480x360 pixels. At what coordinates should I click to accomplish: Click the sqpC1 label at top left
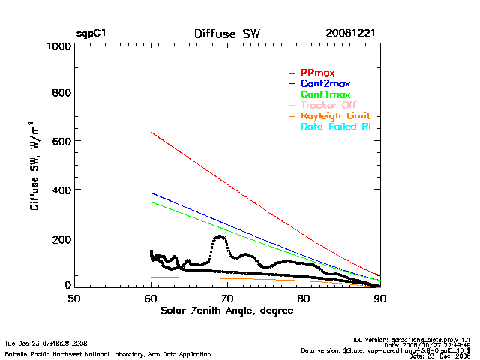coord(91,34)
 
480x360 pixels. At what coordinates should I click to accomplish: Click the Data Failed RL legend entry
coord(340,127)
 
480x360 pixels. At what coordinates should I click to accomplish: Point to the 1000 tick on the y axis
coord(58,46)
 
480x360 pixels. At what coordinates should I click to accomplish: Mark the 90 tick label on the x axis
coord(380,298)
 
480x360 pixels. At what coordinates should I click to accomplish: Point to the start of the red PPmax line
coord(151,133)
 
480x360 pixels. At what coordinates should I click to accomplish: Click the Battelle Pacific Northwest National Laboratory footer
coord(107,353)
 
